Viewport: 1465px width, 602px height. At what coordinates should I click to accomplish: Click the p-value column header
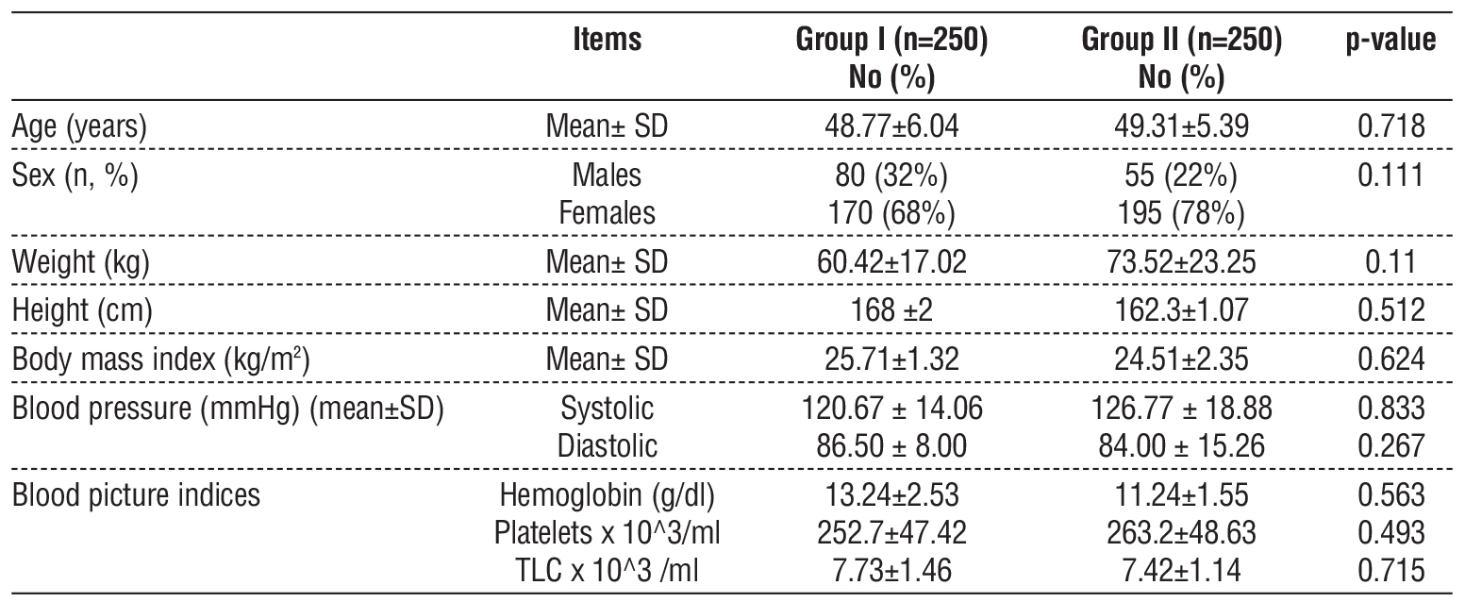pos(1396,41)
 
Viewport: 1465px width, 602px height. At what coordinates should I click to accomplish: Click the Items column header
pos(607,41)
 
